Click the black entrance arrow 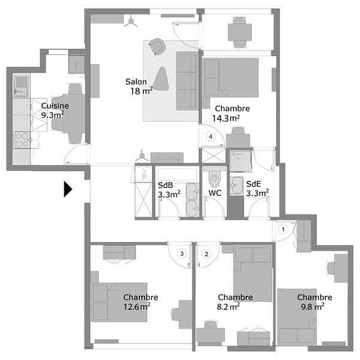68,189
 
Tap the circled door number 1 283,229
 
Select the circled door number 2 206,254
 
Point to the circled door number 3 182,253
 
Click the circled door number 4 210,137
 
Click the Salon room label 136,82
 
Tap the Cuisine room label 55,105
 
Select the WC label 215,193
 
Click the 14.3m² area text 226,118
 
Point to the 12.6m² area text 137,306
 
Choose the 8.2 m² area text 228,306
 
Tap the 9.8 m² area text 312,306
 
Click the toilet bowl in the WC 215,177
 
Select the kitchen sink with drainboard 21,85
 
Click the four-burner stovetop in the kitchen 21,140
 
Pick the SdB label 166,185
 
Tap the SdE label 253,184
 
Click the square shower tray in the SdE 241,161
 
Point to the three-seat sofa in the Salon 187,81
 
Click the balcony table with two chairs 240,32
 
